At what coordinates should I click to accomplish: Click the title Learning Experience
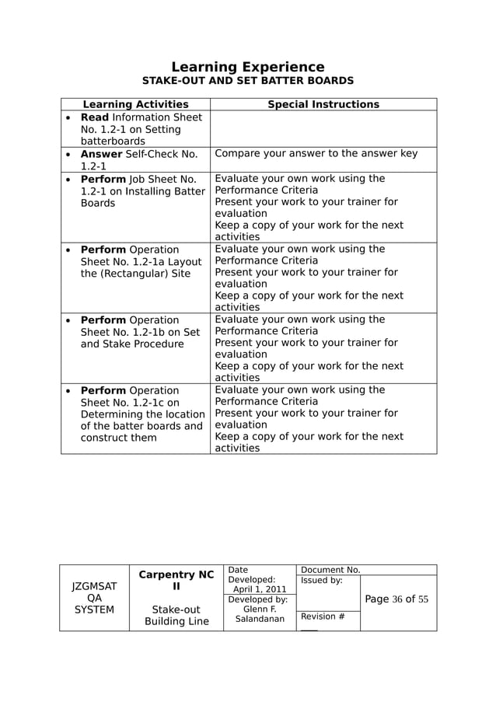point(247,67)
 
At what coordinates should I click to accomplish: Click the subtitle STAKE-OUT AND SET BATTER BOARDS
point(247,81)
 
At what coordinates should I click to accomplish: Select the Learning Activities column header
point(135,104)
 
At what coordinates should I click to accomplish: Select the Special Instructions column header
point(323,104)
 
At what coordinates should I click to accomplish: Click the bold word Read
point(95,117)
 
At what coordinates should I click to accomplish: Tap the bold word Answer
point(101,154)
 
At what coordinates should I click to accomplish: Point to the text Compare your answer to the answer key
point(316,154)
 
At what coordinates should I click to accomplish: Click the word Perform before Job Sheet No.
point(103,179)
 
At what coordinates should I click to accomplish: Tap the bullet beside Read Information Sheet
point(68,117)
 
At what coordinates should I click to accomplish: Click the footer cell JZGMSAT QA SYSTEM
point(94,598)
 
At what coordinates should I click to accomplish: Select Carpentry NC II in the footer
point(176,581)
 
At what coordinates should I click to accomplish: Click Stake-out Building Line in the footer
point(176,615)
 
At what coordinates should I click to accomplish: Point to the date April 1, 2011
point(260,589)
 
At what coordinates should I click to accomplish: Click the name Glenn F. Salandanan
point(260,614)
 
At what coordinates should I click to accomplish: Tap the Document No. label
point(330,570)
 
